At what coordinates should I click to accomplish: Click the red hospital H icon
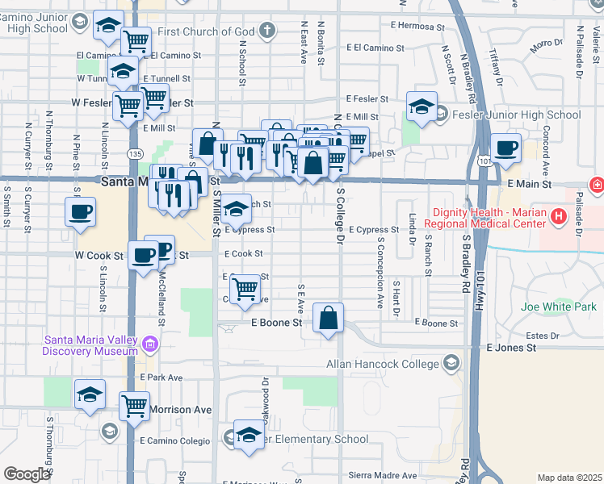[597, 186]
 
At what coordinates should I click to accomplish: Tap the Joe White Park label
[558, 307]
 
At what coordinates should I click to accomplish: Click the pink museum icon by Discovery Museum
[149, 345]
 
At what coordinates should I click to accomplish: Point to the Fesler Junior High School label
[516, 115]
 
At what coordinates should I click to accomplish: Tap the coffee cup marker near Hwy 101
[505, 149]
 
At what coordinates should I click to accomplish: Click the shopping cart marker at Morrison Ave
[134, 406]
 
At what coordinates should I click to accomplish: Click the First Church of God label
[207, 31]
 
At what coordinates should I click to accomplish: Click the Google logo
[26, 474]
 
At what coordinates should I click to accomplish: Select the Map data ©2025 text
[569, 478]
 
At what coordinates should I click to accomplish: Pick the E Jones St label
[511, 348]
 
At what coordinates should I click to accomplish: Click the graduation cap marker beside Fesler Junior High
[421, 107]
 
